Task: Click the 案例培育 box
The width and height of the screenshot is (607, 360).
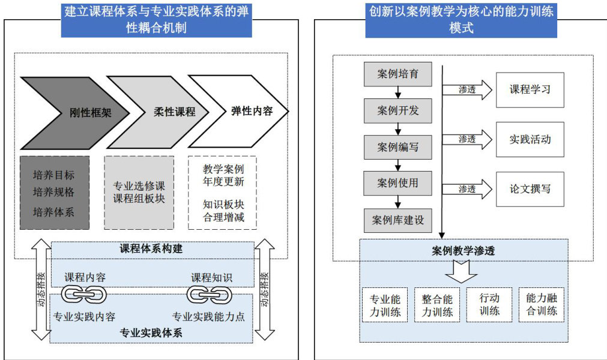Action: tap(397, 74)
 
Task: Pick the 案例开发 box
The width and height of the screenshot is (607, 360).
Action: tap(397, 110)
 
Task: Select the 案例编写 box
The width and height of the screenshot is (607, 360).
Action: tap(397, 147)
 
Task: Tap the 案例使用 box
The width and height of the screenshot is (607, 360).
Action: tap(397, 183)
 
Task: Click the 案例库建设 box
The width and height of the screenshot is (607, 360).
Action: tap(397, 220)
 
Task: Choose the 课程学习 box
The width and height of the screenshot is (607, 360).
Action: tap(530, 90)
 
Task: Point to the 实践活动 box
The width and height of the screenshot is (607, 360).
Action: tap(530, 139)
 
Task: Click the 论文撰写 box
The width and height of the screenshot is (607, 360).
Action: tap(530, 188)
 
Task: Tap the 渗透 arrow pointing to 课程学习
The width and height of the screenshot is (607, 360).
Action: tap(468, 90)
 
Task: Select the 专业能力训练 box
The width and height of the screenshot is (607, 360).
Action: tap(385, 305)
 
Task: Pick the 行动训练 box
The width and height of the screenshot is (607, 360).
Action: tap(489, 304)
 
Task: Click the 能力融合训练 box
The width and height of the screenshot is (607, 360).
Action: tap(541, 305)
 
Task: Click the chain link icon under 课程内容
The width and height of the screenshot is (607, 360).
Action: tap(85, 294)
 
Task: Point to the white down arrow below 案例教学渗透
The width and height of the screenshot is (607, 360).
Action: tap(461, 271)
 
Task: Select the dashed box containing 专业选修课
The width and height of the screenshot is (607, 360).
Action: tap(139, 192)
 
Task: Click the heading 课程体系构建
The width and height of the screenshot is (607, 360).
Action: tap(151, 248)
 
